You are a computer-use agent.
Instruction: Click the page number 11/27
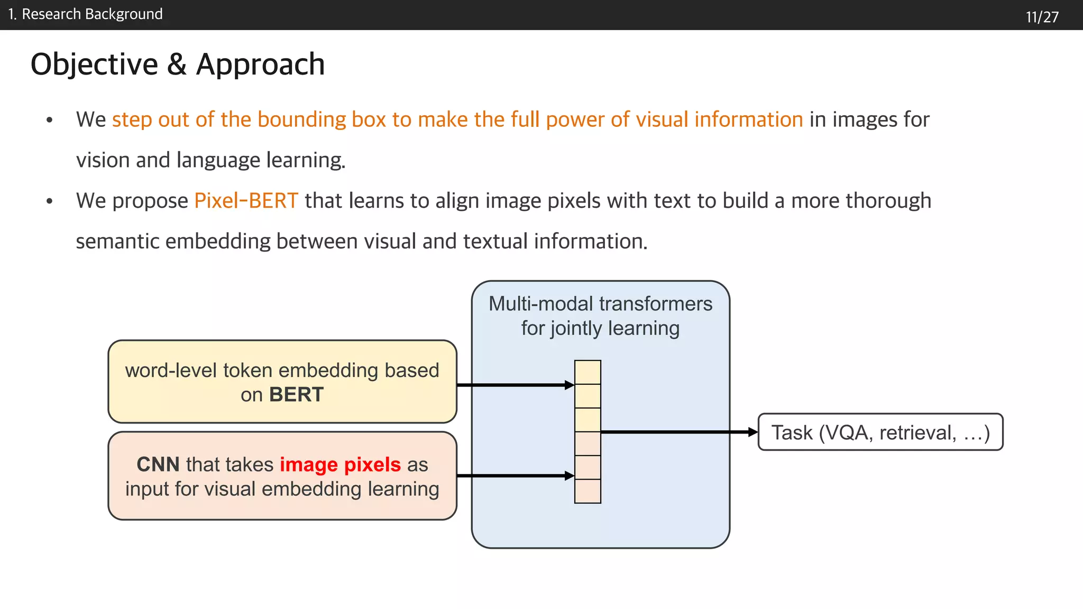(x=1042, y=17)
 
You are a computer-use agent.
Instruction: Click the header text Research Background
(x=92, y=14)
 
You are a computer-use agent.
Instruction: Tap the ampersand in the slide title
(x=177, y=64)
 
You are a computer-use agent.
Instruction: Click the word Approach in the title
(x=260, y=64)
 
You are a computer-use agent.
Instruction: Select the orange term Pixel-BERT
(x=246, y=201)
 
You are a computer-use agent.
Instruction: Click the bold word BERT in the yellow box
(x=296, y=395)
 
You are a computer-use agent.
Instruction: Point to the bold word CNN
(x=158, y=465)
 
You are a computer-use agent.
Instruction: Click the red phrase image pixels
(x=340, y=465)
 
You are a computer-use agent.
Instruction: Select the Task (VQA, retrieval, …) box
(x=880, y=432)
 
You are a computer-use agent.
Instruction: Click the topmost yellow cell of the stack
(x=588, y=372)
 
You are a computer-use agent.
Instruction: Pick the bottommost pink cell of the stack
(x=588, y=491)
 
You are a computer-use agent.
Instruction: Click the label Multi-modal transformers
(x=600, y=304)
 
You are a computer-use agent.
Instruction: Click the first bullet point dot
(x=50, y=120)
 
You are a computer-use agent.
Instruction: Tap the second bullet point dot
(x=50, y=201)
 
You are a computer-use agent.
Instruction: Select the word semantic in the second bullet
(x=117, y=242)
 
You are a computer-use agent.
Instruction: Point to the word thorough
(x=888, y=201)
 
